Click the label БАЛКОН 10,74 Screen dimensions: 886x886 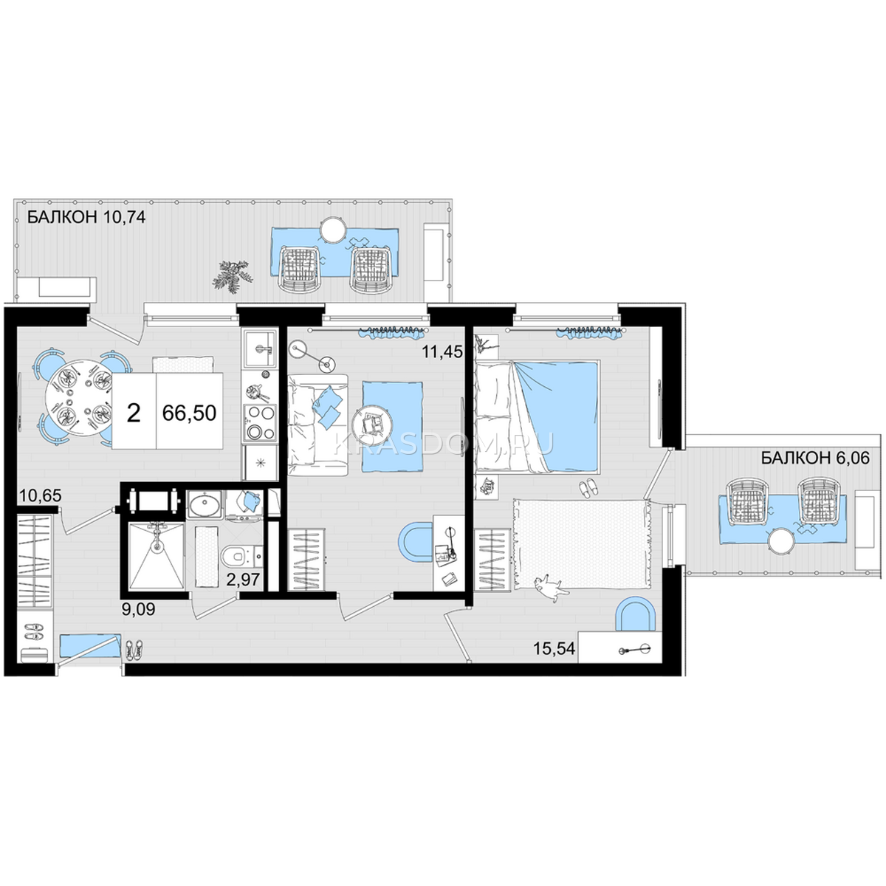pos(86,216)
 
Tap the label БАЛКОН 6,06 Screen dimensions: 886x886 pos(815,458)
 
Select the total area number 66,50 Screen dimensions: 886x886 pos(190,413)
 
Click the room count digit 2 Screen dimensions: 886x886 pos(134,413)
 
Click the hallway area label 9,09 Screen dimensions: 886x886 pos(138,609)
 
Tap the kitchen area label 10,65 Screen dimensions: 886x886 pos(41,495)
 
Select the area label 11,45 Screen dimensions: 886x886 pos(442,352)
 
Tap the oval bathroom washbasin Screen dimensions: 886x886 pos(205,505)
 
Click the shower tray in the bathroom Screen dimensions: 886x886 pos(157,556)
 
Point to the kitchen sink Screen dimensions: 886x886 pos(259,349)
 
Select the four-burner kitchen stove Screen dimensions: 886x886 pos(260,422)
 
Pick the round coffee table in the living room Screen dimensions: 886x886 pos(371,422)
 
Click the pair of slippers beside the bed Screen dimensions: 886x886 pos(588,487)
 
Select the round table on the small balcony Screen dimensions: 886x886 pos(782,542)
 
